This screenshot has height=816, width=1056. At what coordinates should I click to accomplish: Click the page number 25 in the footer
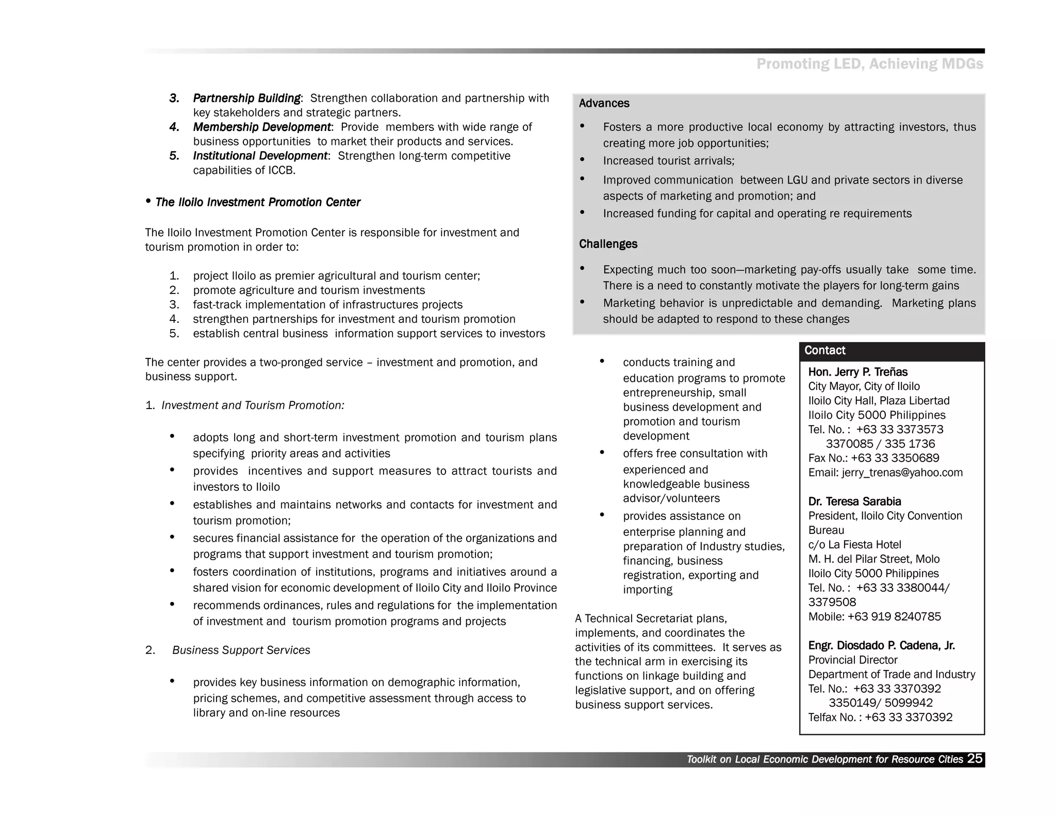pyautogui.click(x=975, y=759)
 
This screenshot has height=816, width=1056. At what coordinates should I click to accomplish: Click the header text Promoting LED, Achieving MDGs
pyautogui.click(x=869, y=64)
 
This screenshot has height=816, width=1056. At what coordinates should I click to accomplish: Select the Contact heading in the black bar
pyautogui.click(x=824, y=351)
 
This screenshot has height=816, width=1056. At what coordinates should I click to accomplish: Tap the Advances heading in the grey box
pyautogui.click(x=604, y=104)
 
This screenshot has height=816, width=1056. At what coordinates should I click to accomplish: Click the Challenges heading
pyautogui.click(x=608, y=244)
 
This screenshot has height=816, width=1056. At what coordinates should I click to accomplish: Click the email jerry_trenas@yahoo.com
pyautogui.click(x=902, y=473)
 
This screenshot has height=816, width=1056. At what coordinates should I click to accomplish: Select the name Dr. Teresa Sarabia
pyautogui.click(x=854, y=502)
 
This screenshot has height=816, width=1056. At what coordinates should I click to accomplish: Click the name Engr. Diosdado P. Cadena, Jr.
pyautogui.click(x=881, y=646)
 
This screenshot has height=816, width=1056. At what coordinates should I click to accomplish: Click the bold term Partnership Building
pyautogui.click(x=246, y=99)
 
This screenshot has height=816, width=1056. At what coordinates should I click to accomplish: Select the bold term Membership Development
pyautogui.click(x=262, y=127)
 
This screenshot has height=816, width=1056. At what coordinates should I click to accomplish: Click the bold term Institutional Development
pyautogui.click(x=260, y=156)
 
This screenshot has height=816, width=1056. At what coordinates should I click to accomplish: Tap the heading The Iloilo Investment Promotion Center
pyautogui.click(x=257, y=203)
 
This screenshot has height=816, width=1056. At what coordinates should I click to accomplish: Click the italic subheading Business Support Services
pyautogui.click(x=241, y=650)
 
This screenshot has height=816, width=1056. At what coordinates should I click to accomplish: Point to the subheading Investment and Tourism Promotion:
pyautogui.click(x=253, y=406)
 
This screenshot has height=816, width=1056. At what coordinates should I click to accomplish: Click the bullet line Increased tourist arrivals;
pyautogui.click(x=668, y=161)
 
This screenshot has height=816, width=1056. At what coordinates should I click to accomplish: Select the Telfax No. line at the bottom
pyautogui.click(x=880, y=717)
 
